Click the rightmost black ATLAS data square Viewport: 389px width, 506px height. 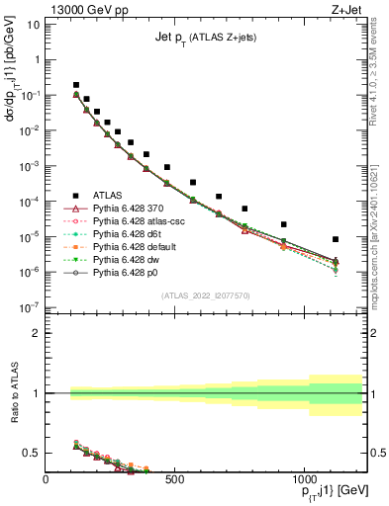(337, 239)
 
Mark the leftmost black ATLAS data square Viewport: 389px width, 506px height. (76, 85)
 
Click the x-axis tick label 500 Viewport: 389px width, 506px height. (174, 479)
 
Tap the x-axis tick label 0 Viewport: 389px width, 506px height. (47, 479)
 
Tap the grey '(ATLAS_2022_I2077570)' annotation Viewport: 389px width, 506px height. (205, 295)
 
